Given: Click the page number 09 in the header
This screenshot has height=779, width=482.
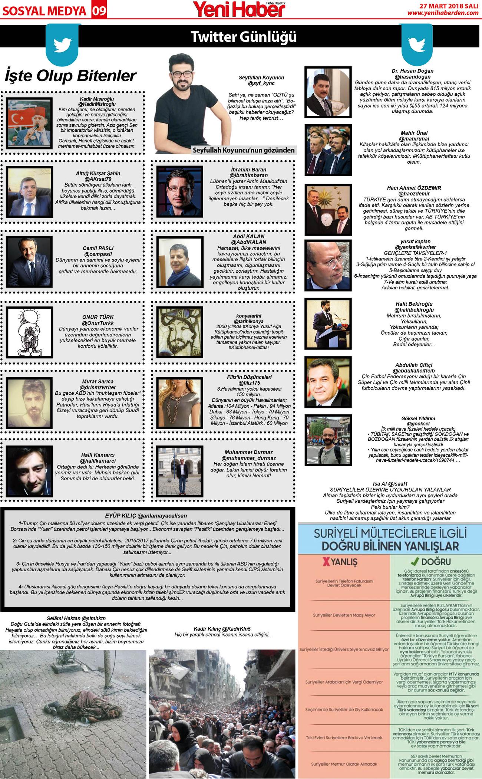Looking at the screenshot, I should coord(99,11).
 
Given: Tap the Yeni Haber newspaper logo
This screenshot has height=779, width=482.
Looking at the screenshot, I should coord(239,9).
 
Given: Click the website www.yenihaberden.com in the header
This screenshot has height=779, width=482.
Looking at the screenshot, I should coord(443,13).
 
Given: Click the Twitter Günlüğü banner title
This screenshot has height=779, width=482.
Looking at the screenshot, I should coord(244,37).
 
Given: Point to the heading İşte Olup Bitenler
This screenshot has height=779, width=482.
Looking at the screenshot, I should coord(70,76).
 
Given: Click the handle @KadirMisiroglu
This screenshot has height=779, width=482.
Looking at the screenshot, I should coord(97,104).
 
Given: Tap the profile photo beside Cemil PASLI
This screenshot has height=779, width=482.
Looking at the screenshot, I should coord(29,262).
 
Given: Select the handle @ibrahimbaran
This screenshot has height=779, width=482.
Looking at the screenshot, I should coord(248,175).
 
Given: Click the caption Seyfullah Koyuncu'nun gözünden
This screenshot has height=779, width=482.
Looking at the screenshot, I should coord(244,150).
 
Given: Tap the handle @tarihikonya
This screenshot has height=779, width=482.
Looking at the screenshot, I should coord(248,321).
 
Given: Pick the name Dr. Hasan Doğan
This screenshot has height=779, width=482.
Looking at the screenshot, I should coord(412,71).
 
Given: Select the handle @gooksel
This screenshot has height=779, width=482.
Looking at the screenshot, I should coord(418,424).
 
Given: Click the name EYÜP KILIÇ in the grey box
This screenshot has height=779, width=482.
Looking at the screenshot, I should coord(121,516).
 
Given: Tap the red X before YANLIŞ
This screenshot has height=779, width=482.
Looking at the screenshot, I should coord(326,562).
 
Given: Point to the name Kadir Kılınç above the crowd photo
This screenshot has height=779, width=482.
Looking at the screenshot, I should coord(207,629).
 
